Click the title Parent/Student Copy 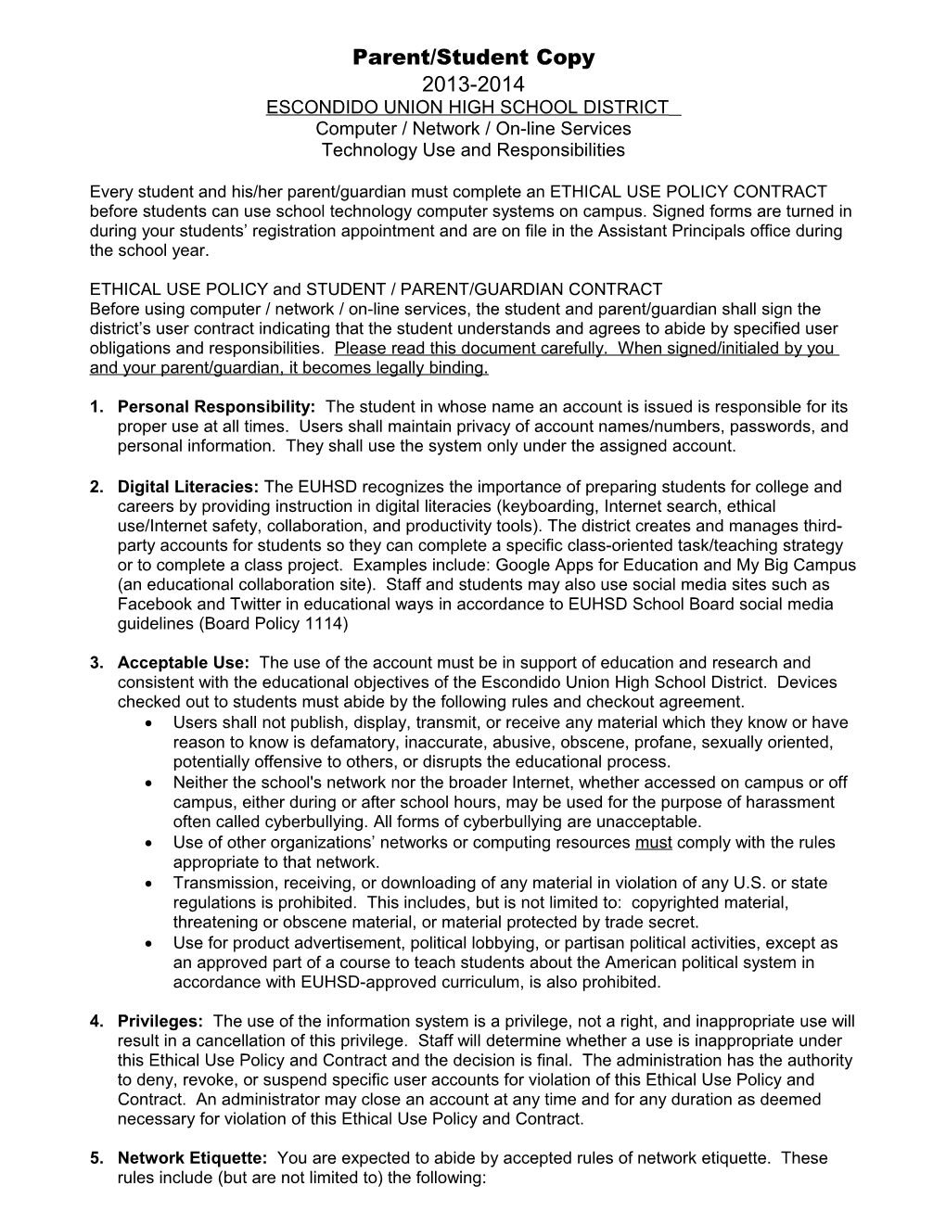click(x=473, y=57)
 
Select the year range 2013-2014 click(x=473, y=85)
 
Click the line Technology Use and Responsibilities click(x=473, y=150)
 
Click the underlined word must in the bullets click(x=653, y=843)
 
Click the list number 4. click(x=96, y=1022)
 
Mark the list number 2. click(x=96, y=487)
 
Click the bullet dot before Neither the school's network click(x=151, y=784)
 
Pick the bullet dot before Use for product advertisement click(x=151, y=944)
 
